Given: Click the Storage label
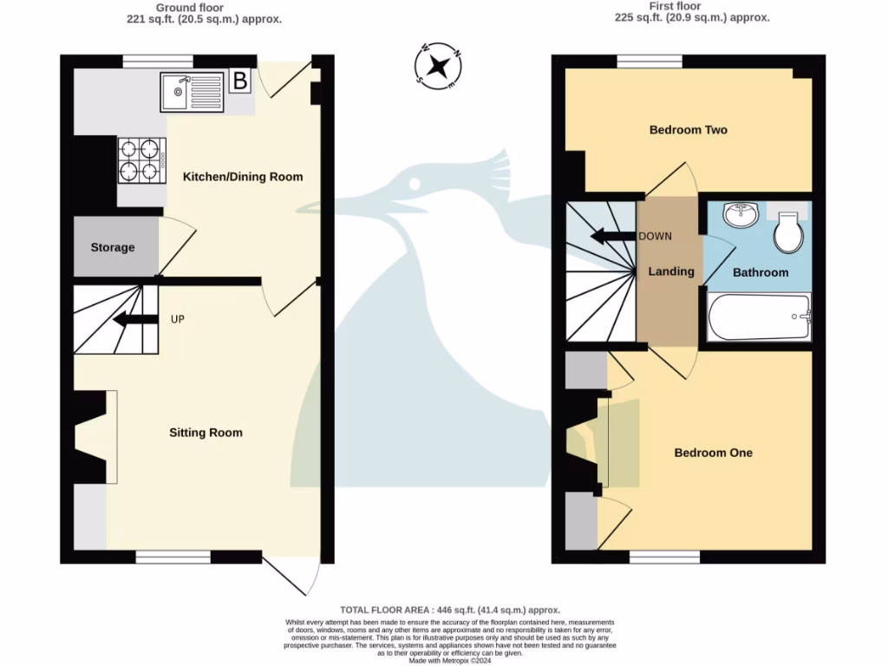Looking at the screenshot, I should pyautogui.click(x=113, y=247).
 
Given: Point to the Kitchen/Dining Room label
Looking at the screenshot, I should pyautogui.click(x=243, y=177).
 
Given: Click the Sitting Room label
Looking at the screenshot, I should pyautogui.click(x=206, y=433).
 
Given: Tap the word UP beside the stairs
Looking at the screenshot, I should pyautogui.click(x=178, y=319).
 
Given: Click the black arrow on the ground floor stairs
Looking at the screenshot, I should pyautogui.click(x=130, y=319).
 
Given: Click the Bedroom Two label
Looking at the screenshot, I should pyautogui.click(x=689, y=130).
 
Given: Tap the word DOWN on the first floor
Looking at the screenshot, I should pyautogui.click(x=655, y=236).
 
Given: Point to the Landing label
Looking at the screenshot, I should pyautogui.click(x=671, y=271).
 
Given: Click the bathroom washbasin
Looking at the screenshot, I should pyautogui.click(x=740, y=214).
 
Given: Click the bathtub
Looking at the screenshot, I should pyautogui.click(x=760, y=317).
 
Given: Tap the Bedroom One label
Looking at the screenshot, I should pyautogui.click(x=714, y=453).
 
